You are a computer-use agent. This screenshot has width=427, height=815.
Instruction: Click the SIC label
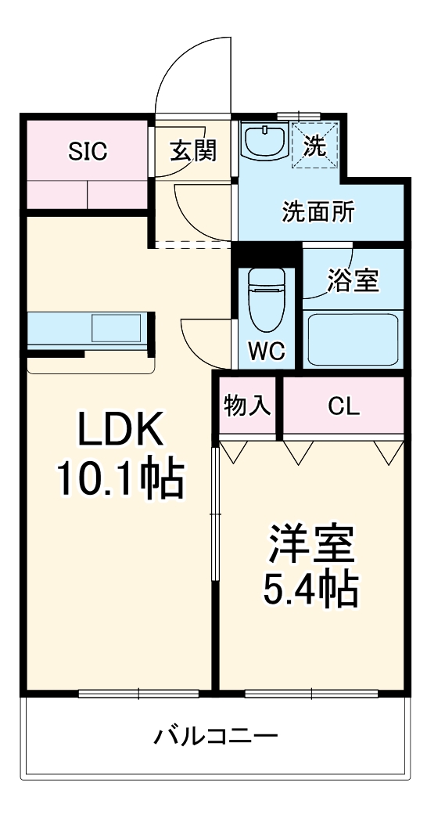[88, 151]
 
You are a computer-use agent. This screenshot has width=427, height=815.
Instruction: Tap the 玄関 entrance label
[193, 151]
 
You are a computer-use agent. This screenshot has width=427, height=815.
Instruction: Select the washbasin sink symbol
[265, 140]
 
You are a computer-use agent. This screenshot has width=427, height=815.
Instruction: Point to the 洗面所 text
[319, 212]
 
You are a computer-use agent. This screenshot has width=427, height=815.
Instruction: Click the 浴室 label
[353, 281]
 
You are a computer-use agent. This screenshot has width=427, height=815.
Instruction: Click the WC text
[266, 352]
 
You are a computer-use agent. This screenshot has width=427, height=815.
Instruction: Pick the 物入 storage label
[247, 405]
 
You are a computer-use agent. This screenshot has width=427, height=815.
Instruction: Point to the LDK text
[120, 428]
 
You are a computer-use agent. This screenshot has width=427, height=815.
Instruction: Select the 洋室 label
[311, 546]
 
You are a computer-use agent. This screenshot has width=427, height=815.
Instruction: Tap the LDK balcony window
[138, 693]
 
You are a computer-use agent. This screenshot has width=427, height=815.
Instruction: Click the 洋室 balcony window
[311, 693]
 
